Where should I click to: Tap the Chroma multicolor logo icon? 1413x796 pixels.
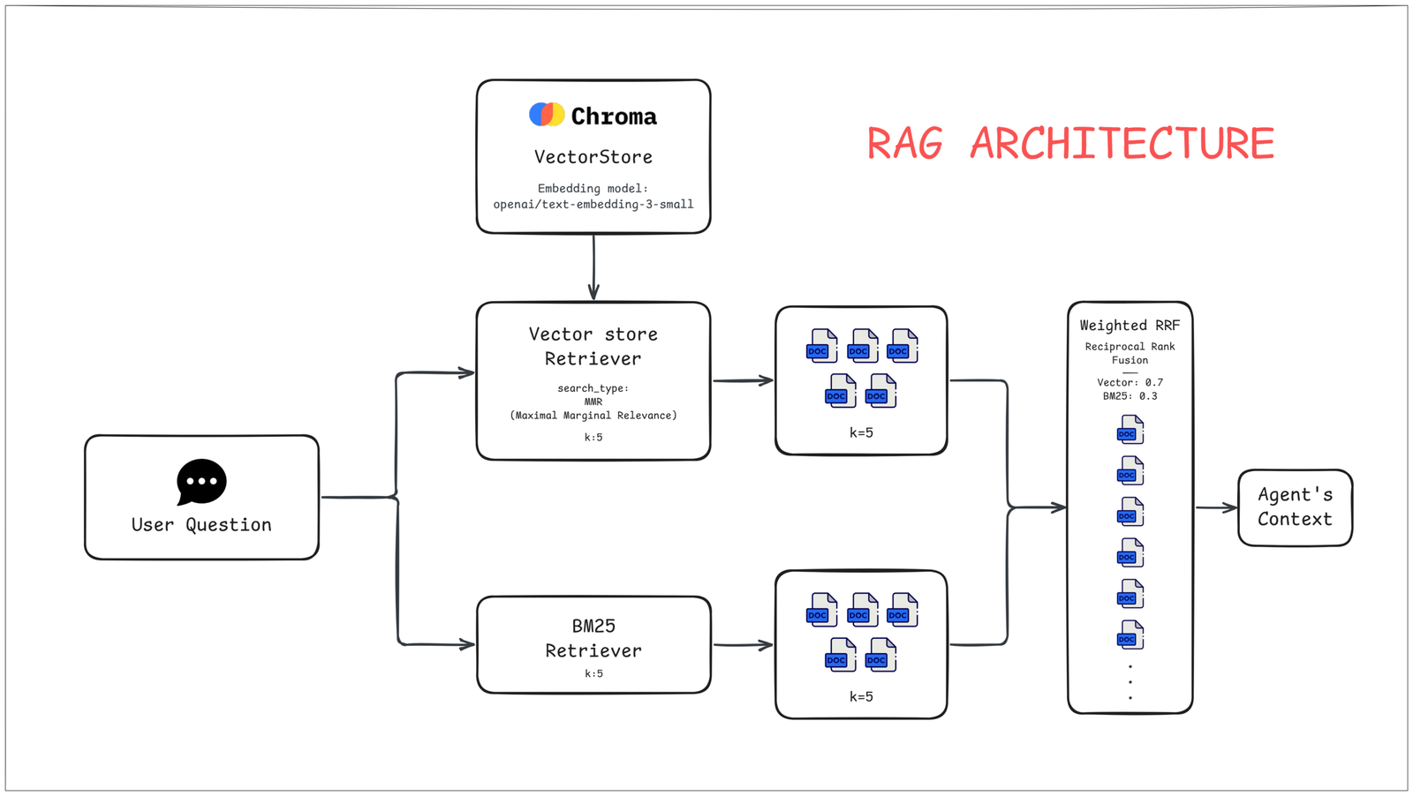pos(547,114)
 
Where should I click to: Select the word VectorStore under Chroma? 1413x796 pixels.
pos(593,157)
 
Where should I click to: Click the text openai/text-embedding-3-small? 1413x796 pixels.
pos(593,204)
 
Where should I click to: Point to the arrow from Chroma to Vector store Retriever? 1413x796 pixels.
pos(593,268)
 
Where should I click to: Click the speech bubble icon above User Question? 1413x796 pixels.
pos(201,482)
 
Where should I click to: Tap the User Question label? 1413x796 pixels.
pos(201,525)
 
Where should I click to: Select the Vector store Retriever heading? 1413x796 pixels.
pos(593,346)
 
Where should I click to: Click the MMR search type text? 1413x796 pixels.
pos(593,402)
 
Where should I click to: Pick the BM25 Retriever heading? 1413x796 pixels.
pos(593,638)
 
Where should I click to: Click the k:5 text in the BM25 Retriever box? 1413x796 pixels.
pos(593,673)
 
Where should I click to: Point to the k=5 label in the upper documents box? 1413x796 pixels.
pos(861,432)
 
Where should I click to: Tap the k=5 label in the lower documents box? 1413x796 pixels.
pos(861,696)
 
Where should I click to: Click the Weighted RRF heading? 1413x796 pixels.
pos(1130,326)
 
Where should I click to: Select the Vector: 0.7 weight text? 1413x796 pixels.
pos(1130,382)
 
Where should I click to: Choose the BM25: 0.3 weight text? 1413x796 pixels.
pos(1130,396)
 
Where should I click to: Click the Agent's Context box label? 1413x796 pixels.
pos(1295,507)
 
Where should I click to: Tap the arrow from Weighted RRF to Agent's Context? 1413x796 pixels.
pos(1216,507)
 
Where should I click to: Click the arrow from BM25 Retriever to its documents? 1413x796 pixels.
pos(743,645)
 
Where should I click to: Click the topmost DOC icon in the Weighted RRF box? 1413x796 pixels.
pos(1130,431)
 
